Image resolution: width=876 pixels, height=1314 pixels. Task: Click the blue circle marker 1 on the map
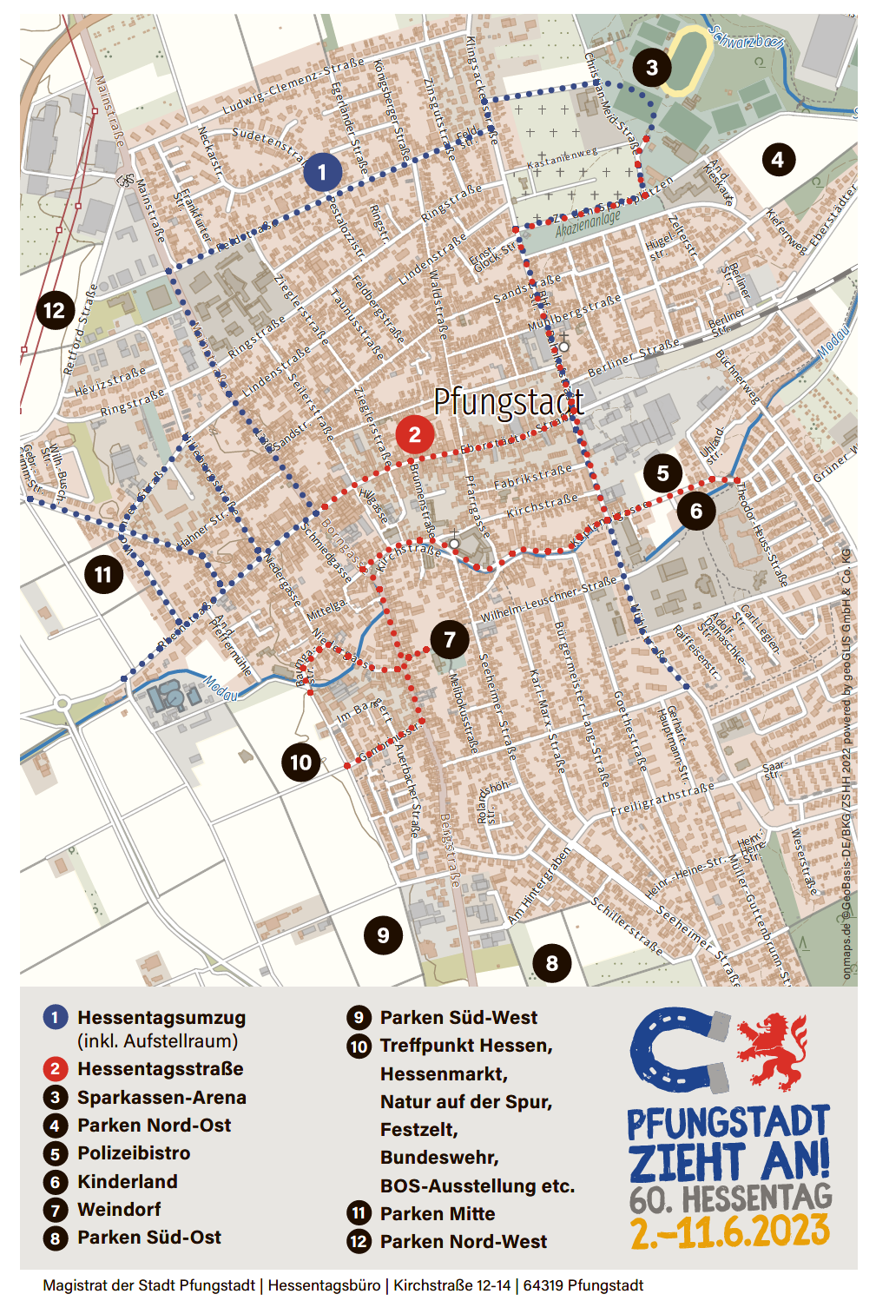click(x=322, y=172)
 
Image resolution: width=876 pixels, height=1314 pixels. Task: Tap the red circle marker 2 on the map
click(x=414, y=434)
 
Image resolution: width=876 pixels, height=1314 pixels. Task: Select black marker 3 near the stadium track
click(x=651, y=67)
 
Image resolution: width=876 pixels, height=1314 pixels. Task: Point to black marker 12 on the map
click(x=54, y=310)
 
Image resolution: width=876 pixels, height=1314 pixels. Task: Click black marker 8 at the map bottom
click(x=551, y=962)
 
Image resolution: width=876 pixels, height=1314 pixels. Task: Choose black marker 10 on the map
click(x=300, y=763)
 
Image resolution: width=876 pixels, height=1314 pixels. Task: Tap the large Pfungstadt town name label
click(x=508, y=401)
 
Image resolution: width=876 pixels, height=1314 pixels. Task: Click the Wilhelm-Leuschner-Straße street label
click(x=549, y=600)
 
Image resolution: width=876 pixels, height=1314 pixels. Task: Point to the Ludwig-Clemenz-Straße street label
click(x=293, y=87)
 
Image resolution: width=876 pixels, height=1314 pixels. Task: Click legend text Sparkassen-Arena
click(x=161, y=1097)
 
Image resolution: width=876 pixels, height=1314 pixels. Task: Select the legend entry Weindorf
click(x=119, y=1209)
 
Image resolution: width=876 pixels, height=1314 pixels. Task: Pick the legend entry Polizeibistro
click(x=134, y=1153)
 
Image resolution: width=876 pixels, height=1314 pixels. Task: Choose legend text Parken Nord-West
click(x=464, y=1242)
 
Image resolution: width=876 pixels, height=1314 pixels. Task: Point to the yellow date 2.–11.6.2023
click(x=729, y=1231)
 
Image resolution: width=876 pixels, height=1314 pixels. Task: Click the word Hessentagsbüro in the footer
click(x=325, y=1285)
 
